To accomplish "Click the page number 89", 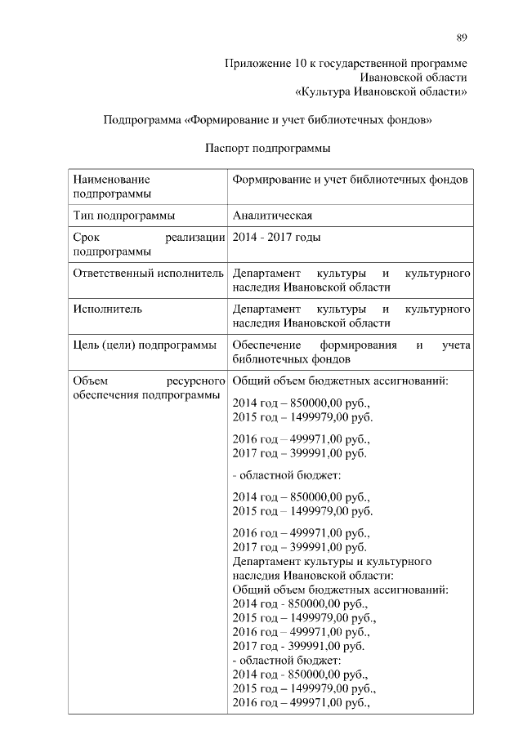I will point(462,38).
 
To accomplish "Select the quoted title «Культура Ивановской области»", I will point(382,91).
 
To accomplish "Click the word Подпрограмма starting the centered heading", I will point(142,121).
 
